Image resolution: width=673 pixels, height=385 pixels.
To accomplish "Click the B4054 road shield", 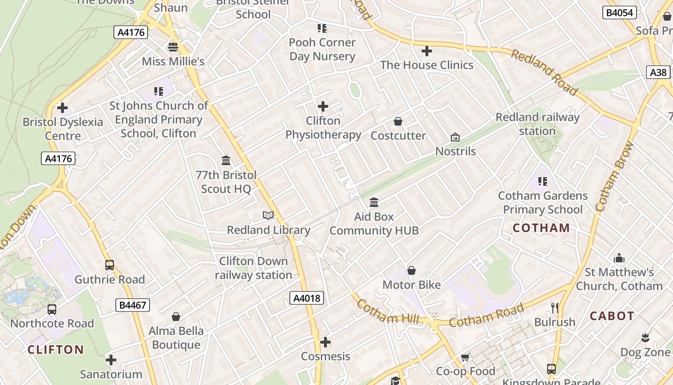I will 620,13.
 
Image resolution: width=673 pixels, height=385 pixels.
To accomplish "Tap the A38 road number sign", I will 658,72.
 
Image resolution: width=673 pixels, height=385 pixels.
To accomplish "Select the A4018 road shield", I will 307,298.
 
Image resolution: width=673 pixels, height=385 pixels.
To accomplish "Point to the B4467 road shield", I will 133,305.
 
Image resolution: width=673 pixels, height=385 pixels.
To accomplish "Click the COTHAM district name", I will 541,228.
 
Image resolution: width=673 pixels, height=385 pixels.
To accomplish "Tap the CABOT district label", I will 612,316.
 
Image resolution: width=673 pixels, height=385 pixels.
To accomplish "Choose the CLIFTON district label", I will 56,349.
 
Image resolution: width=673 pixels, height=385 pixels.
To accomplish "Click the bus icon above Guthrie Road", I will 110,265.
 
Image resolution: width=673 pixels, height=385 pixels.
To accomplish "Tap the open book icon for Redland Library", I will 268,215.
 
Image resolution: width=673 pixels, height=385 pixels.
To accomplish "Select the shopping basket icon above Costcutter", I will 398,121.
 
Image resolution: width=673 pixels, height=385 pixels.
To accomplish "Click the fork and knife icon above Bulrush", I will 555,308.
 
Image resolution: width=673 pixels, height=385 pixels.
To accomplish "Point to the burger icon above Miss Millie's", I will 173,47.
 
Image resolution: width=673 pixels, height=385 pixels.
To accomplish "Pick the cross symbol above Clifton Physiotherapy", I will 323,106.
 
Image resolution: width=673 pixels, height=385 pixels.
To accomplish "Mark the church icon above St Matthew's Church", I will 619,258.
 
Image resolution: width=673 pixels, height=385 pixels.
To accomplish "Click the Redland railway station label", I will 537,124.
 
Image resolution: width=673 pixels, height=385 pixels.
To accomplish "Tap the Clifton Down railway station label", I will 253,268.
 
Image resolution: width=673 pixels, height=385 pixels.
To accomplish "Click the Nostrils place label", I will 455,151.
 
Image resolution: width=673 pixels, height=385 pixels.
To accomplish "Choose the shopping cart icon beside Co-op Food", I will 465,357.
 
